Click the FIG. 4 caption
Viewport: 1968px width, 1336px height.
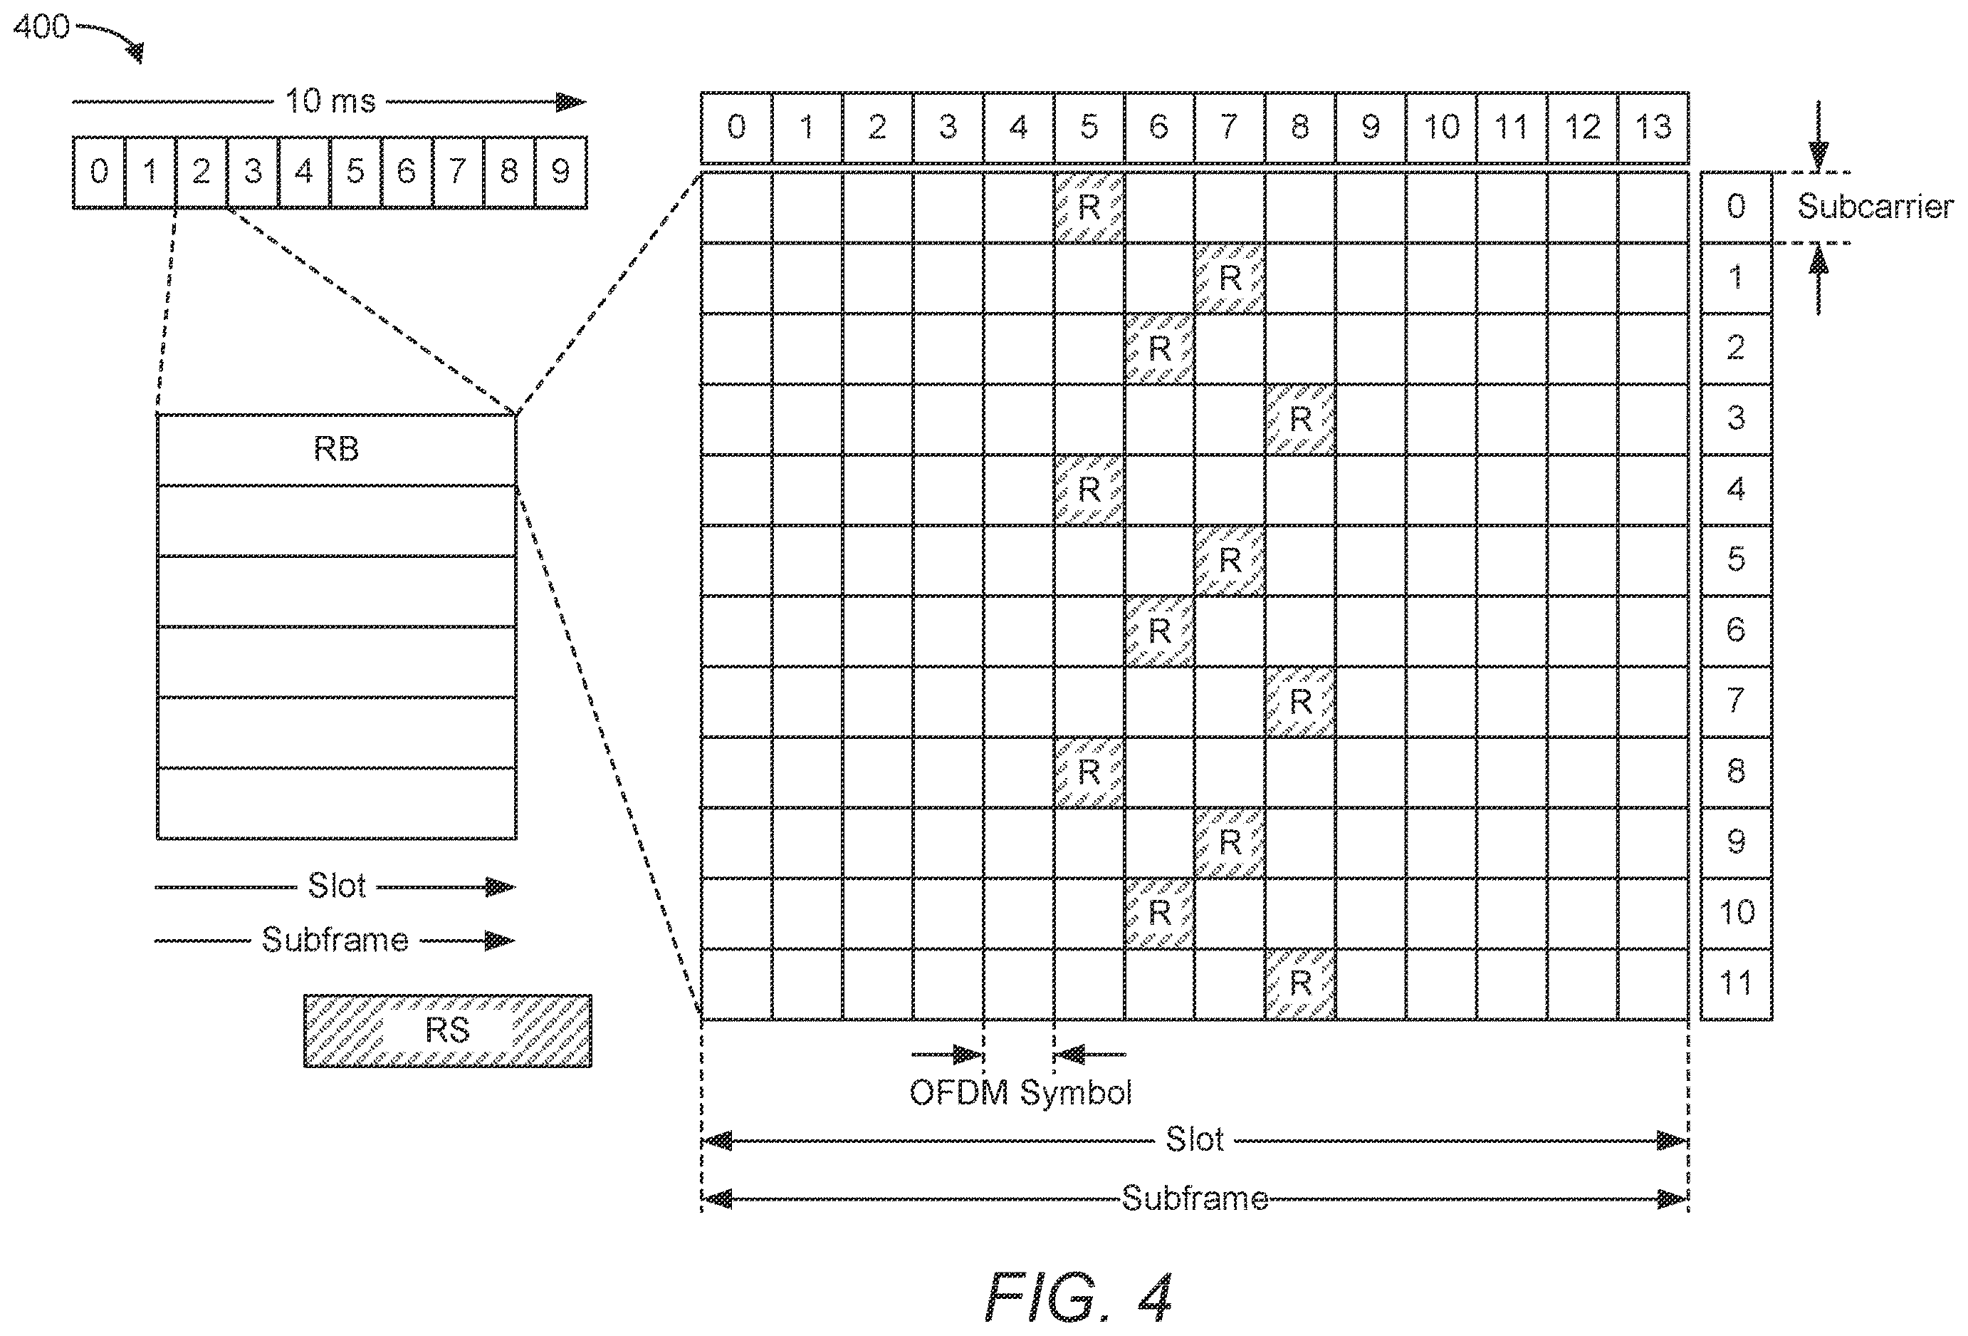[x=1078, y=1297]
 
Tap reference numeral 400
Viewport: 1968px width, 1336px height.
[x=41, y=27]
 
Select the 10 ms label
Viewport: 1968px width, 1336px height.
[x=330, y=102]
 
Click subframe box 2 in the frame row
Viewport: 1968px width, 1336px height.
[x=201, y=172]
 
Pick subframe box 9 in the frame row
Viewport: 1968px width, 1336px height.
[x=560, y=172]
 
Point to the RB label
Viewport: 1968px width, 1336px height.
[x=336, y=449]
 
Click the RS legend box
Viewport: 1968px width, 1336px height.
[x=448, y=1030]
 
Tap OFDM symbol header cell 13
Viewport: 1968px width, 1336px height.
[x=1653, y=127]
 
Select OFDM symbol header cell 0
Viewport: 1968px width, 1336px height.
[x=737, y=127]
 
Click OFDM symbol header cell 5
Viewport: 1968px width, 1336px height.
[x=1089, y=127]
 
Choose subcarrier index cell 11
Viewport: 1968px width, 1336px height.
[x=1736, y=983]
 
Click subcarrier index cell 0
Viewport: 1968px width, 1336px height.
[x=1736, y=207]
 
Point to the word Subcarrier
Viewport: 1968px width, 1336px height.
[x=1875, y=207]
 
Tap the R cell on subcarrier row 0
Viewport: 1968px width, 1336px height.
[x=1089, y=207]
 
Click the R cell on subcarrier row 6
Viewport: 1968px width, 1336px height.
[x=1159, y=631]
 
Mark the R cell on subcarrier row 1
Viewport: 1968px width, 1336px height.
[x=1230, y=278]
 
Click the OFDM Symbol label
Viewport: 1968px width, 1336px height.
[x=1020, y=1093]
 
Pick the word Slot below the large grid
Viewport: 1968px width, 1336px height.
[x=1194, y=1139]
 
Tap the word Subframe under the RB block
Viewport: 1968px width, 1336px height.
[x=335, y=940]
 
